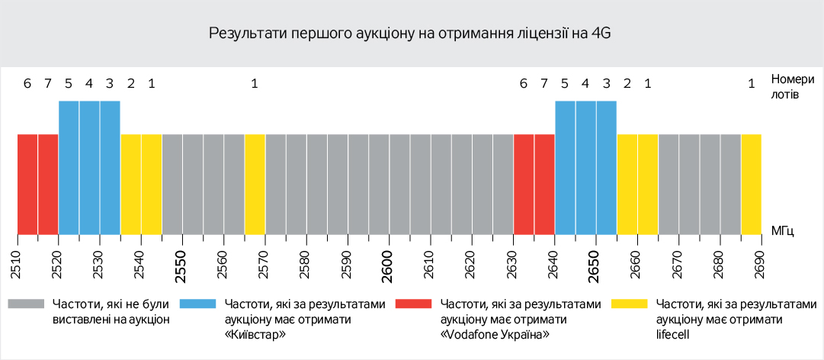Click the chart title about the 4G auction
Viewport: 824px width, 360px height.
[411, 34]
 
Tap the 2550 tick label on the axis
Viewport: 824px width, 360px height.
[181, 262]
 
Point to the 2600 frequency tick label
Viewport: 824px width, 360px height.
[389, 262]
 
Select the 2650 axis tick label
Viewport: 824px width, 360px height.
[595, 262]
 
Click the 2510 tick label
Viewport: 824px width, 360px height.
[17, 262]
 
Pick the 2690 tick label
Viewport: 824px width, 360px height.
[760, 262]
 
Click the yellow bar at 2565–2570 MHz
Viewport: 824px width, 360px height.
[255, 184]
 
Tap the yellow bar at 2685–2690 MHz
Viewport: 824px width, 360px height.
[751, 184]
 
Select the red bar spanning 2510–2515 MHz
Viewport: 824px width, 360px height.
[27, 184]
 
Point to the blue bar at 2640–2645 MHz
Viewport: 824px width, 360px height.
[565, 167]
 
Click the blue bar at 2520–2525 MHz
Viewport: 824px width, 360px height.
[69, 167]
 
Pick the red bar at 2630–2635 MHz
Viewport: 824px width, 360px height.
[524, 184]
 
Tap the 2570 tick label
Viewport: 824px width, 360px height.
[265, 262]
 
